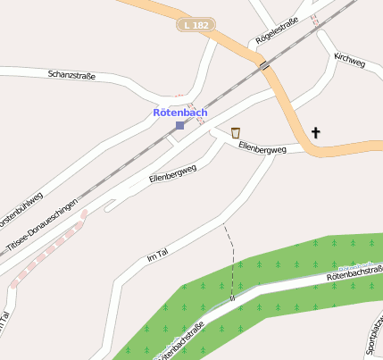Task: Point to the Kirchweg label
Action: click(x=350, y=60)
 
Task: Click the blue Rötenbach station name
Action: click(x=180, y=113)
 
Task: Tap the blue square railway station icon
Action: click(x=180, y=126)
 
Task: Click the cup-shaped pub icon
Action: click(x=236, y=133)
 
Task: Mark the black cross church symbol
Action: click(x=314, y=133)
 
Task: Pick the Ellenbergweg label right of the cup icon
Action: click(x=263, y=149)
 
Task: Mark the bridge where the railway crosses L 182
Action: click(x=265, y=64)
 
